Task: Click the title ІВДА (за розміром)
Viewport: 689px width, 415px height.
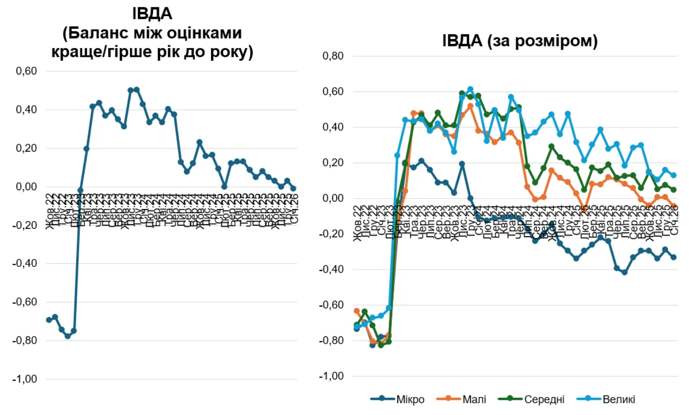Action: [519, 41]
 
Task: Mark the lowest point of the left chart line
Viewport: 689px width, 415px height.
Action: [67, 336]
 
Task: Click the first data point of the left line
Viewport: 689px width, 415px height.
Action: [49, 320]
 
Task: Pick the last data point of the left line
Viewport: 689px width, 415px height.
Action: [293, 188]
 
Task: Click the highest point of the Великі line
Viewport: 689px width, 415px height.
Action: [470, 89]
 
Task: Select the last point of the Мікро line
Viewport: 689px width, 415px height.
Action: [673, 257]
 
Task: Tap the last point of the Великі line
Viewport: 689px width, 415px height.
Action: [673, 176]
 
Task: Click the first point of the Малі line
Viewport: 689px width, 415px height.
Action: [357, 311]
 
